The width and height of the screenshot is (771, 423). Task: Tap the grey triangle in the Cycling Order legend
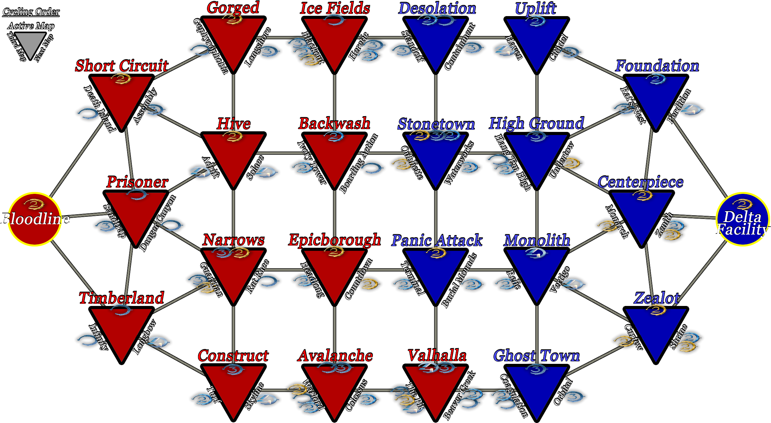coord(30,43)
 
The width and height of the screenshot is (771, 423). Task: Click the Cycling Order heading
coord(31,12)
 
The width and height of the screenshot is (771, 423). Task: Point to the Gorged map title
coord(233,7)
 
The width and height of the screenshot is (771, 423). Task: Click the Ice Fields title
coord(335,8)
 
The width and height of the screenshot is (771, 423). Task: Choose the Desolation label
coord(437,8)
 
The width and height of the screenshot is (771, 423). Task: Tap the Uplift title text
coord(536,8)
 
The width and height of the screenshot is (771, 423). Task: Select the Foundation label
coord(657,66)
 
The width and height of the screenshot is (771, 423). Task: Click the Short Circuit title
coord(122,66)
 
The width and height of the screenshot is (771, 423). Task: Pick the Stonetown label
coord(436,124)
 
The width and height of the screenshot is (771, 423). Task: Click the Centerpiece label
coord(640,182)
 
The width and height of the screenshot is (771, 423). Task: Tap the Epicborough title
coord(334,240)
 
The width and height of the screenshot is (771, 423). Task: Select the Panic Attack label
coord(437,240)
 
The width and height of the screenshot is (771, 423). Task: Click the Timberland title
coord(122,298)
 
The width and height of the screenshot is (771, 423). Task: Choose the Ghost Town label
coord(536,355)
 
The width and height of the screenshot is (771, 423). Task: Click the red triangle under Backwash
coord(334,155)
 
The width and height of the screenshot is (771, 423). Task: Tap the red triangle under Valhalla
coord(436,387)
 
